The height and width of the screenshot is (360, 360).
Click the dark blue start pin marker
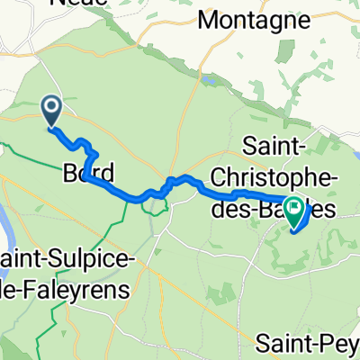[x=50, y=111]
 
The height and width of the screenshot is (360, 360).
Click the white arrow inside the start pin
[x=50, y=109]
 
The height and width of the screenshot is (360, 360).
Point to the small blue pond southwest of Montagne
[x=210, y=80]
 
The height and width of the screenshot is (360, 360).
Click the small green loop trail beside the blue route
[x=157, y=205]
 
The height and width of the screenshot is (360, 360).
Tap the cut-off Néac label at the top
[x=80, y=3]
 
